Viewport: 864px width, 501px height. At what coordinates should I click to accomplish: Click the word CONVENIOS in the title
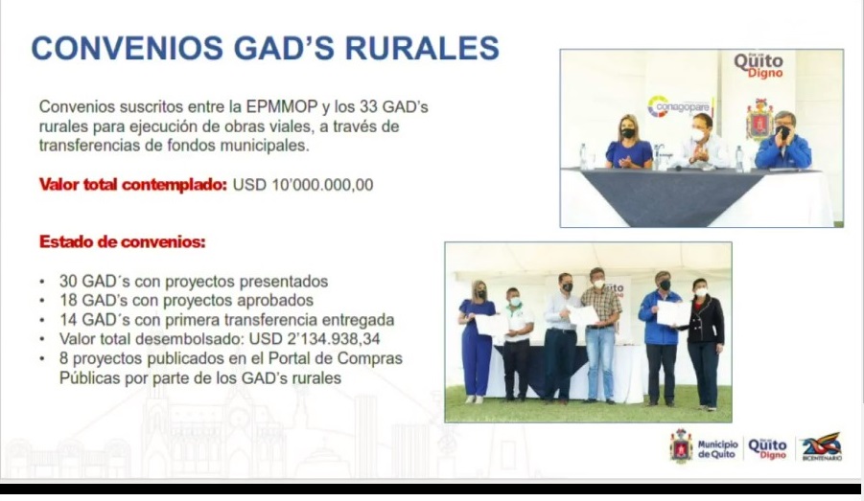[128, 48]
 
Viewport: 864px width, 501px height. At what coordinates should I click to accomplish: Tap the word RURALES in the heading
[422, 48]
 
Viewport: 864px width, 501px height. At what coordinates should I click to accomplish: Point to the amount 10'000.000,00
[322, 185]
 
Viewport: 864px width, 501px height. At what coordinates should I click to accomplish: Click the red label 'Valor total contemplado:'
[132, 185]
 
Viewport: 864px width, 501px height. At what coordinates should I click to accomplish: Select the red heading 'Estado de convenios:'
[123, 241]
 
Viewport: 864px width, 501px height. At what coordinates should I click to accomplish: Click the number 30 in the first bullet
[68, 282]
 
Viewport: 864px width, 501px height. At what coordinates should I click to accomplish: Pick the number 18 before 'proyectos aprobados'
[68, 301]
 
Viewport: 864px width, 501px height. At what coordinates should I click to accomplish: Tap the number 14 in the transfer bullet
[68, 320]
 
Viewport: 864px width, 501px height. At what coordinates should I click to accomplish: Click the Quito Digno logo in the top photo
[759, 65]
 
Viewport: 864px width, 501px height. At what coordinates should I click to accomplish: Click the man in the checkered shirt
[600, 334]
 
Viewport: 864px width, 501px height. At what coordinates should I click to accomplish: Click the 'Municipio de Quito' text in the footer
[717, 449]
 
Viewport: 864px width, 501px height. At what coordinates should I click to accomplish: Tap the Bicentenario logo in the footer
[822, 446]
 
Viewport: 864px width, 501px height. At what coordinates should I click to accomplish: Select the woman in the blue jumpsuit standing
[476, 342]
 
